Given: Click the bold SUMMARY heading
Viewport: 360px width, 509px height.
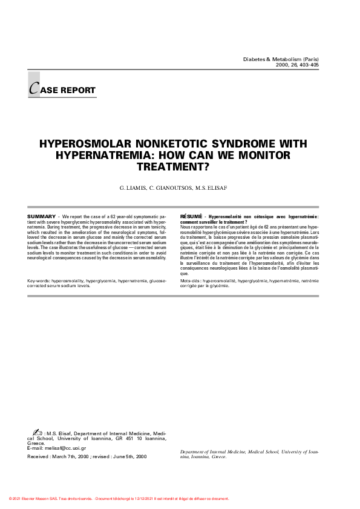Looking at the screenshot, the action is click(42, 216).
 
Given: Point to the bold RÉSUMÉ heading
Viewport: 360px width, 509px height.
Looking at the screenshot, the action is click(192, 216).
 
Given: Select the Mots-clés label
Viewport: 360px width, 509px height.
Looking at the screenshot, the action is click(191, 281).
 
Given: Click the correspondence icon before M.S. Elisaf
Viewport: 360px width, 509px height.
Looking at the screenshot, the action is click(36, 433).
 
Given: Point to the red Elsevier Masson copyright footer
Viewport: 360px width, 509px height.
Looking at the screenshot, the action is click(119, 499).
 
